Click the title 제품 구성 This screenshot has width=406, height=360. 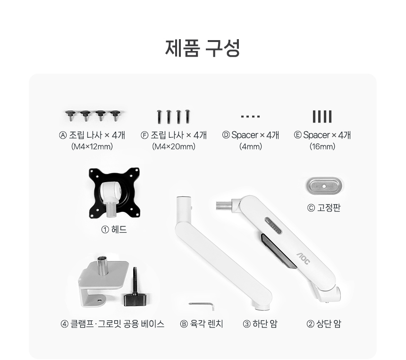[x=203, y=48]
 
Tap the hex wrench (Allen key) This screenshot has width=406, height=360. [x=202, y=305]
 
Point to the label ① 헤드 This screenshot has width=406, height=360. [x=114, y=229]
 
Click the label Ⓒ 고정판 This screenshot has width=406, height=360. [x=324, y=208]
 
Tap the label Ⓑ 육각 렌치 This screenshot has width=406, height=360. [x=202, y=324]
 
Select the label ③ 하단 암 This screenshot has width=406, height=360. [x=260, y=324]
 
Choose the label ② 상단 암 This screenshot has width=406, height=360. [x=324, y=324]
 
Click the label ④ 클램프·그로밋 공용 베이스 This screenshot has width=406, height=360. [x=112, y=324]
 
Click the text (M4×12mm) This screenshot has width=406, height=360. [x=92, y=147]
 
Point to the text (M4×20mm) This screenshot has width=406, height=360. [x=174, y=147]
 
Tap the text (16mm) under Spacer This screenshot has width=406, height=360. [x=322, y=147]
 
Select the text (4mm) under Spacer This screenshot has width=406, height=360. [x=251, y=147]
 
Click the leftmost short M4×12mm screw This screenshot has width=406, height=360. [x=70, y=116]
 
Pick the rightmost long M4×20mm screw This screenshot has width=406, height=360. [x=187, y=117]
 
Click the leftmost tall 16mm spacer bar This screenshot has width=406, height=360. [x=314, y=117]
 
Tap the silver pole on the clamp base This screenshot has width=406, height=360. [x=101, y=266]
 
